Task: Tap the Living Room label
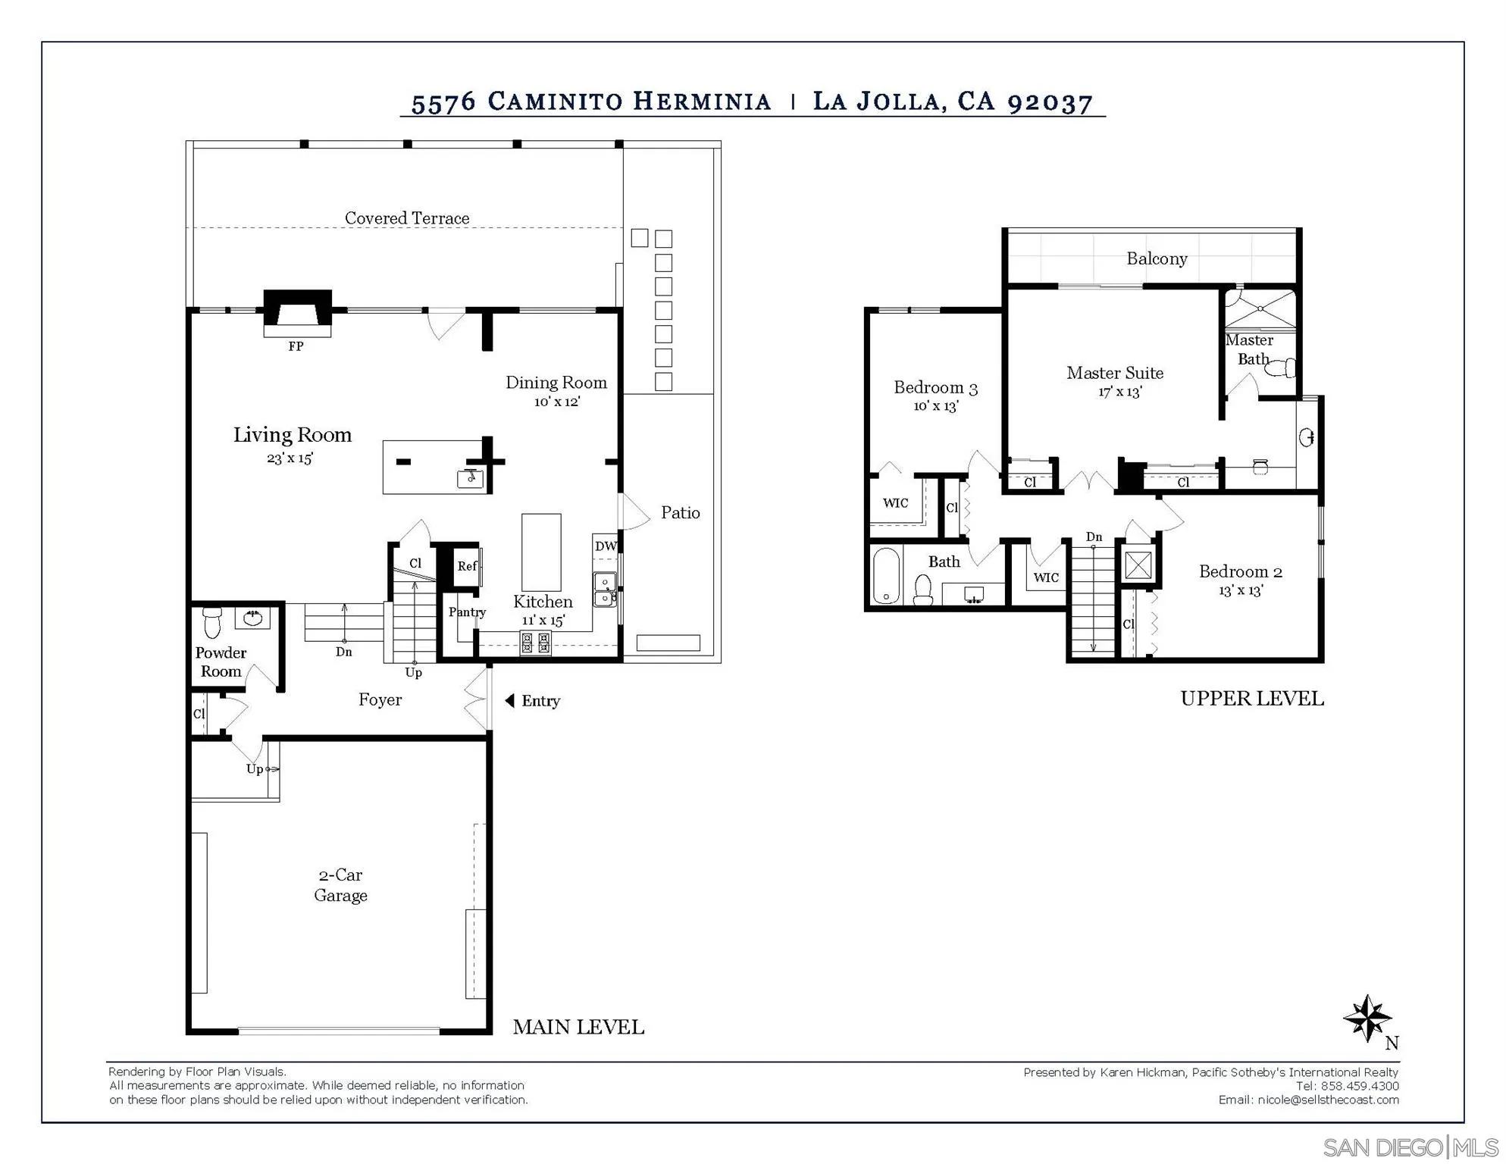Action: (x=293, y=435)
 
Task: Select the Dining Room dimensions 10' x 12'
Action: (x=557, y=402)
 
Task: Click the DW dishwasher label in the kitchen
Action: (x=606, y=546)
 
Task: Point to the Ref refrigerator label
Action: (x=467, y=566)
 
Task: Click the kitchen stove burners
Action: (x=535, y=643)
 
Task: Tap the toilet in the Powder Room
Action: (x=212, y=622)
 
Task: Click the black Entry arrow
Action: (x=510, y=700)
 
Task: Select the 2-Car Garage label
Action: (x=340, y=885)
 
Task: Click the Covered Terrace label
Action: (x=407, y=218)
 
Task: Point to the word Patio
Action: (x=681, y=513)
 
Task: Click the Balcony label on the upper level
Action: (x=1157, y=259)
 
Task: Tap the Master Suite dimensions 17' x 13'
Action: (x=1120, y=392)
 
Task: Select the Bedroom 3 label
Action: (x=936, y=388)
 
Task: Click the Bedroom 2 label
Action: (x=1241, y=571)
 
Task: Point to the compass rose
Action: (x=1367, y=1018)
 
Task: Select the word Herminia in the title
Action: (x=702, y=102)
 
